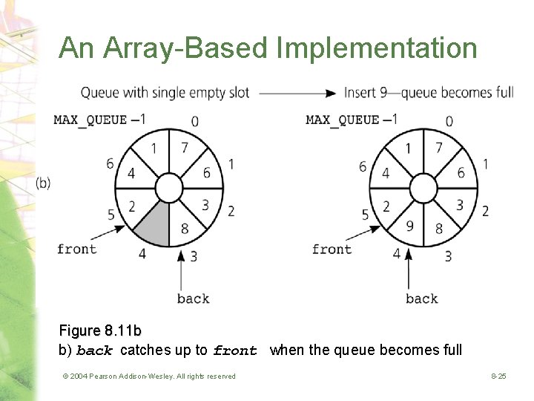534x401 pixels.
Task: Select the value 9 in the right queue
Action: click(410, 225)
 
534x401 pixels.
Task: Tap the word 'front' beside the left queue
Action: click(77, 249)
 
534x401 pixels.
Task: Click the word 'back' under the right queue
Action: click(422, 298)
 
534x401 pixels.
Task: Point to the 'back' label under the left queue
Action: click(194, 298)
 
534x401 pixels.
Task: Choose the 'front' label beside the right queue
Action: click(332, 249)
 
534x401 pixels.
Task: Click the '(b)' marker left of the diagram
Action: click(43, 183)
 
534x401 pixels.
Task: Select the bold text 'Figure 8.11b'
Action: click(100, 330)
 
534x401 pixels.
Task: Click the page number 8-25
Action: click(498, 376)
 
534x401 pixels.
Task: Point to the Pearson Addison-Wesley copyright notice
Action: click(148, 376)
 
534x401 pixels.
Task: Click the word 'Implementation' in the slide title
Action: click(377, 48)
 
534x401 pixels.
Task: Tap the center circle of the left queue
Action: click(169, 189)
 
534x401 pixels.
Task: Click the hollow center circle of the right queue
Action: click(423, 187)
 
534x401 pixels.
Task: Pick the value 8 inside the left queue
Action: click(184, 228)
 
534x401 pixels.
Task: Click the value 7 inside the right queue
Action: click(438, 148)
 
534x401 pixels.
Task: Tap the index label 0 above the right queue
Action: click(449, 121)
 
